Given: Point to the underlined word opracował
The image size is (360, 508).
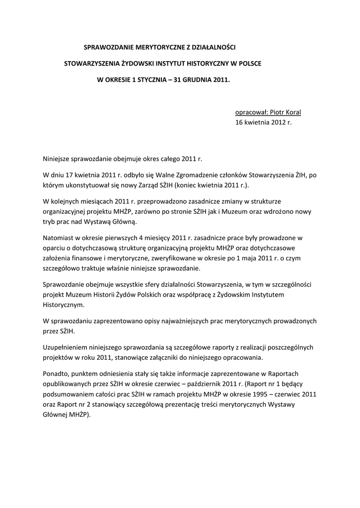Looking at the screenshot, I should click(251, 112).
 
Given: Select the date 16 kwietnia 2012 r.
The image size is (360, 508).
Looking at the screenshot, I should click(264, 122).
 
